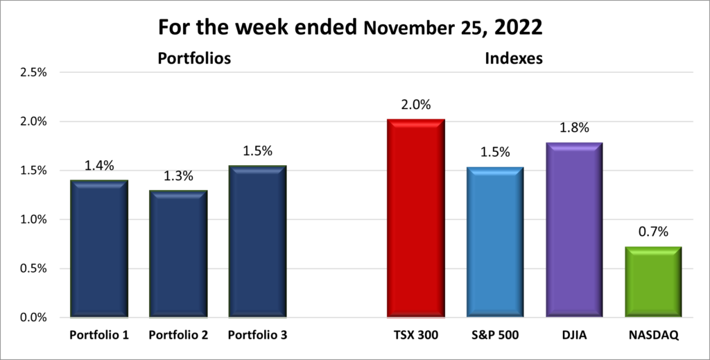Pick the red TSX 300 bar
(x=415, y=218)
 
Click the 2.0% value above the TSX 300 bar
(x=415, y=105)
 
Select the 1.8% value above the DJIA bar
(x=573, y=128)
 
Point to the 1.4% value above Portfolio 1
(x=99, y=166)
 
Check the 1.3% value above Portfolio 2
(x=178, y=176)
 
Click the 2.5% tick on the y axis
(x=33, y=72)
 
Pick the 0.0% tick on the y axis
(x=33, y=318)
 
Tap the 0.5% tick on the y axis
(x=33, y=268)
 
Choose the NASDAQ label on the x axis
(x=652, y=335)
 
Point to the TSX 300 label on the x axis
(x=415, y=335)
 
